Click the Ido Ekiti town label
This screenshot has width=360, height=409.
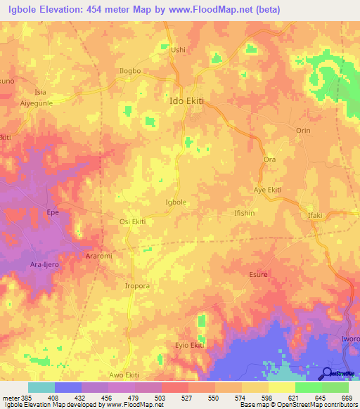[x=187, y=101]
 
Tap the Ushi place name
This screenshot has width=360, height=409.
[x=179, y=50]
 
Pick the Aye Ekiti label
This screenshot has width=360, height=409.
[x=267, y=190]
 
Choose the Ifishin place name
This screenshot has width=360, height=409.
[x=246, y=211]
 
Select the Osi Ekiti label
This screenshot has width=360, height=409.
[x=131, y=222]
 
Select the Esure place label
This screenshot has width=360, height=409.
[x=259, y=275]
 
